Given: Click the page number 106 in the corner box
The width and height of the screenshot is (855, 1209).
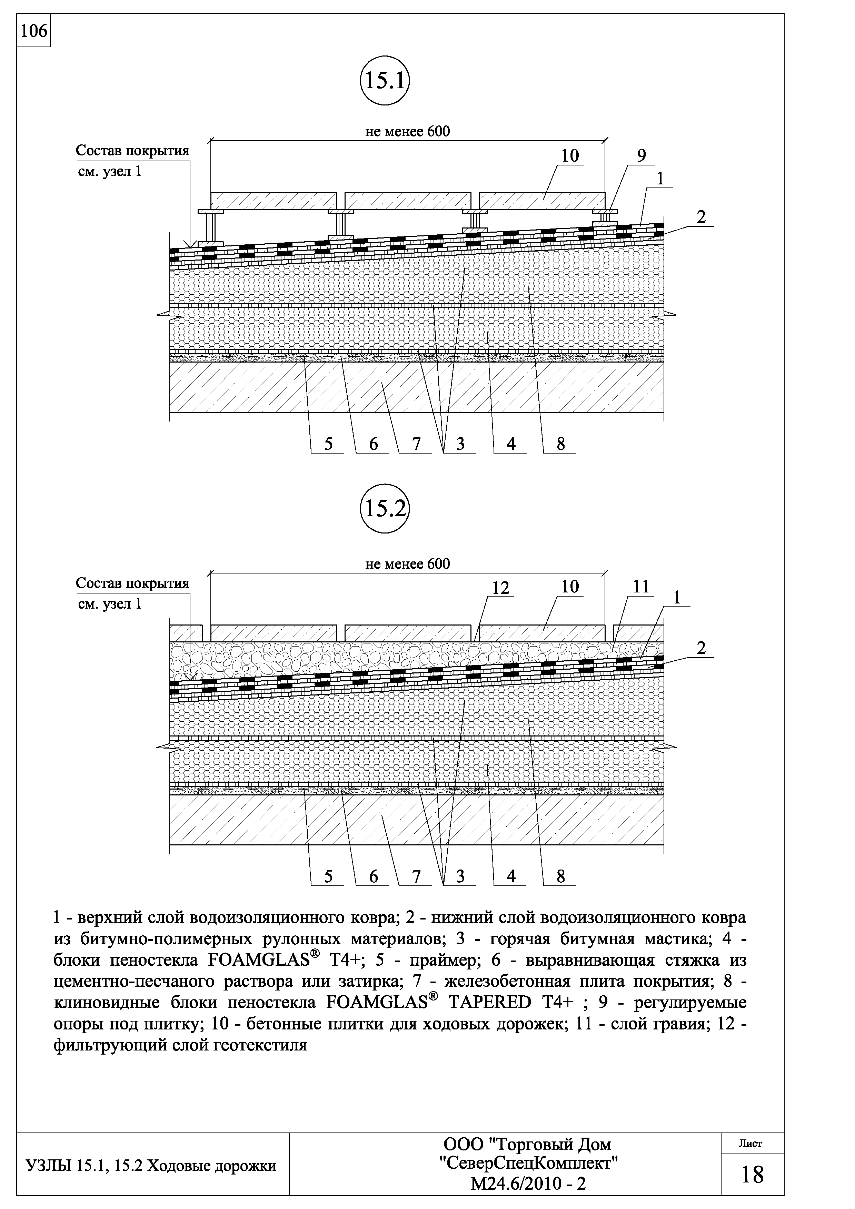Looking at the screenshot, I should (x=33, y=32).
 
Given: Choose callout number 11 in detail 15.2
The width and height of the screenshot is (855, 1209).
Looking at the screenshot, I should (x=641, y=587).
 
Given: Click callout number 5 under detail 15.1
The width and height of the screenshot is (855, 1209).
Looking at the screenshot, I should (x=328, y=445).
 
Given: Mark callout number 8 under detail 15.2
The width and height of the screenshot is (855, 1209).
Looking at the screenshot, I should (x=560, y=876).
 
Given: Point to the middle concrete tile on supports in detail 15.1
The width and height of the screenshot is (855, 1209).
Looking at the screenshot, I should (x=408, y=200).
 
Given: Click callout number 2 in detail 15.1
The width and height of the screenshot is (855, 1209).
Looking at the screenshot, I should (x=700, y=217).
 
